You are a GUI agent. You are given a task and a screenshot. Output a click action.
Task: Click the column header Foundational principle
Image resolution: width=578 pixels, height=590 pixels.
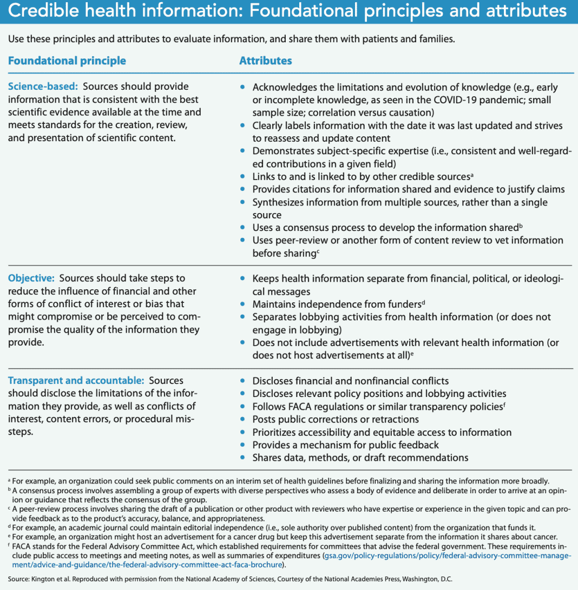coord(67,61)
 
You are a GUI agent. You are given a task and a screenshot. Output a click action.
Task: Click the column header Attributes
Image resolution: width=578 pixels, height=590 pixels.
coord(265,61)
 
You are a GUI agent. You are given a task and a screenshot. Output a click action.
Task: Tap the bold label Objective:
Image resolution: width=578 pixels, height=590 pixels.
coord(31,278)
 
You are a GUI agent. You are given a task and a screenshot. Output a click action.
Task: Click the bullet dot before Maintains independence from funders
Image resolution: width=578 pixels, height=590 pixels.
coord(243,304)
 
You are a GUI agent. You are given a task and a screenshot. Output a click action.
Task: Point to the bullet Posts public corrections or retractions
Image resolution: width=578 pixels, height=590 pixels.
coord(336,419)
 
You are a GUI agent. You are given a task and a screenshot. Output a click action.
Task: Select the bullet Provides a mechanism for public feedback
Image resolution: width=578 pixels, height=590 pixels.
coord(345,445)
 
